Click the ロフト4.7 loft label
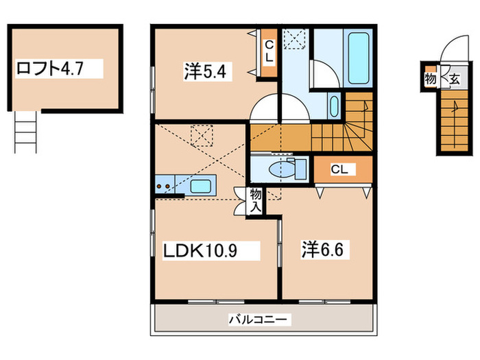[58, 69]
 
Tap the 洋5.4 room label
[204, 70]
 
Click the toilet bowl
[283, 169]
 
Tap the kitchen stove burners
[164, 184]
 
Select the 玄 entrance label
[453, 79]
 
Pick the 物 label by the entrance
[431, 79]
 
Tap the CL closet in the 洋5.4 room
[269, 52]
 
